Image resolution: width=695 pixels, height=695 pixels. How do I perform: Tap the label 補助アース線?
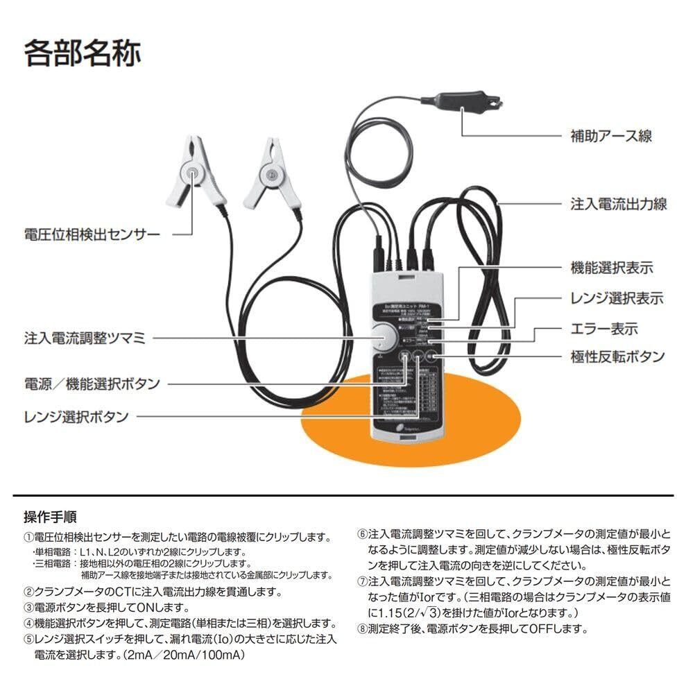click(610, 135)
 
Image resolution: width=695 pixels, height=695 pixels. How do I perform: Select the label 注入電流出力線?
click(618, 204)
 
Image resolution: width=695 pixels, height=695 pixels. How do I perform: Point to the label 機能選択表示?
click(611, 268)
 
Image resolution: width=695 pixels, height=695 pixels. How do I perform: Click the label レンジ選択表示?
click(616, 298)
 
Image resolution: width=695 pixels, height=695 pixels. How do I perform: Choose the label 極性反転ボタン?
click(617, 357)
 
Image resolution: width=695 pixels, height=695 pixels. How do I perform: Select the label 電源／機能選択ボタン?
click(92, 383)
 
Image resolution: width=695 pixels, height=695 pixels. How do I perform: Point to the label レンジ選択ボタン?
click(76, 416)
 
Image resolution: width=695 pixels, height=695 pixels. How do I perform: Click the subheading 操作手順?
click(50, 517)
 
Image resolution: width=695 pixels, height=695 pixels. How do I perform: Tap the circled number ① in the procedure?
click(28, 538)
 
